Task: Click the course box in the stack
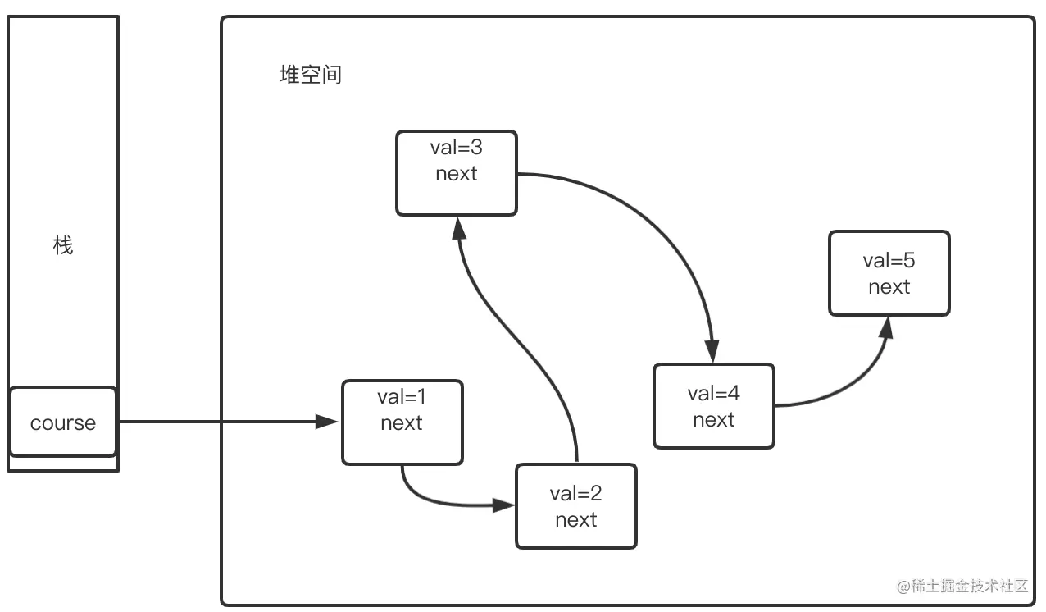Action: tap(63, 422)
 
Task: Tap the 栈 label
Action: tap(63, 245)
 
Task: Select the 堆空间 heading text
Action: tap(311, 75)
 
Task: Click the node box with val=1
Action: tap(402, 422)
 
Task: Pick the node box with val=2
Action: tap(575, 506)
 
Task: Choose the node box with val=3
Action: tap(457, 173)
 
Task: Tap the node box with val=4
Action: tap(713, 406)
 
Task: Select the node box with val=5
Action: tap(889, 273)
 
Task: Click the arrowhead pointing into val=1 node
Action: tap(329, 422)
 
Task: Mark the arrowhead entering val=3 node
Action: tap(457, 227)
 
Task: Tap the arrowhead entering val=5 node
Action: tap(887, 327)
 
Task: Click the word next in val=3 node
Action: tap(457, 174)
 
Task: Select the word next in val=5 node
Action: tap(889, 287)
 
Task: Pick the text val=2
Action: tap(575, 493)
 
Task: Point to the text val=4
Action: tap(713, 393)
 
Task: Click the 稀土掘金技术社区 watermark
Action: tap(962, 586)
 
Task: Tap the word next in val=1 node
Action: tap(402, 423)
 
